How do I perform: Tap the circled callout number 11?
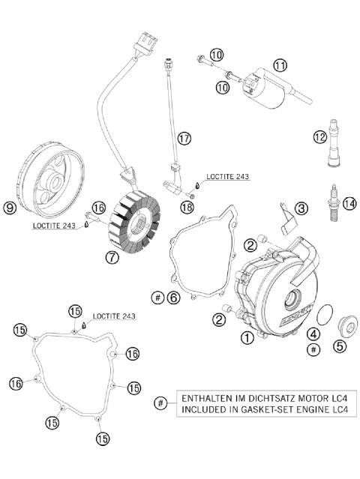coord(280,65)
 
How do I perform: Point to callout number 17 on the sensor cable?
coord(184,138)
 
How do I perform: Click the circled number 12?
coord(320,136)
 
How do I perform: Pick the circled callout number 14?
coord(347,202)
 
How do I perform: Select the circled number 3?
coord(301,208)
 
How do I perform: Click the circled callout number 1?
coord(247,338)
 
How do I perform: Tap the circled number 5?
coord(340,346)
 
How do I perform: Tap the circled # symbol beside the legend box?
coord(160,403)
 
